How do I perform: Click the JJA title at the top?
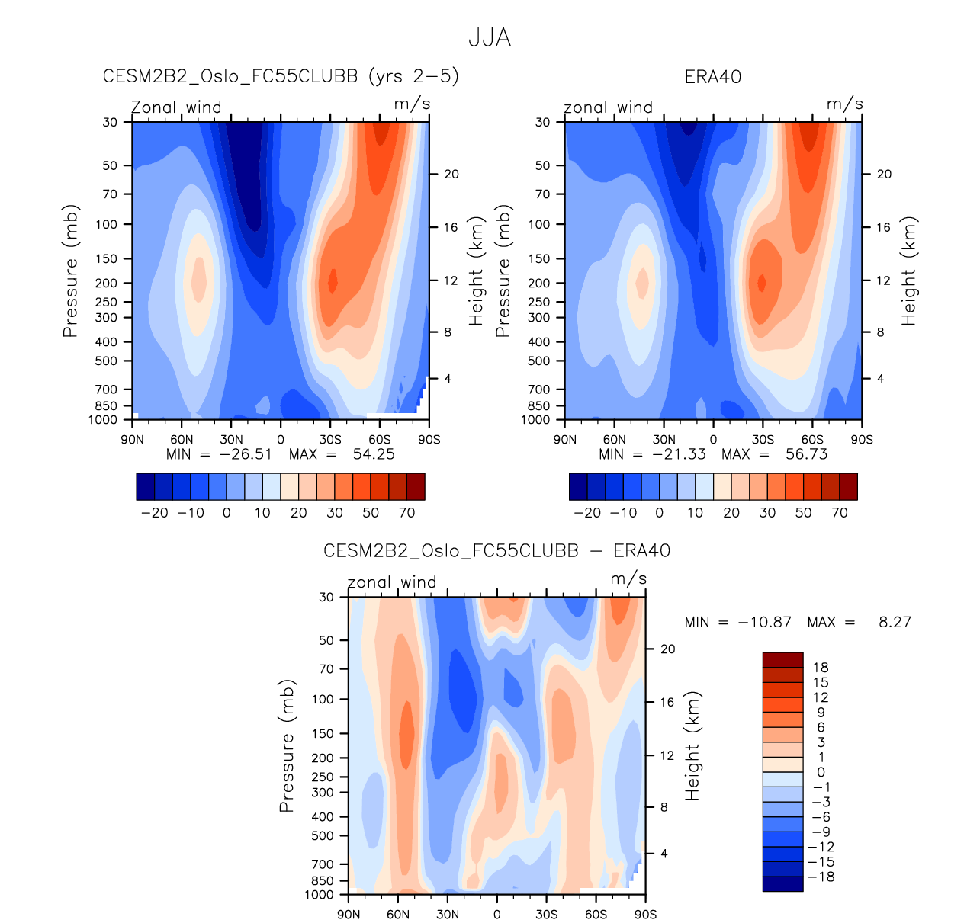490,38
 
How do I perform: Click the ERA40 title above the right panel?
713,77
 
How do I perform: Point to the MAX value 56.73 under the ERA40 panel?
806,454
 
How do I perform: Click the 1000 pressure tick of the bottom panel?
320,895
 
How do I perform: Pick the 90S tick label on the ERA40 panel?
862,440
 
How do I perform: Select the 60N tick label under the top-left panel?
182,440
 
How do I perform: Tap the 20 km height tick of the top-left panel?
451,175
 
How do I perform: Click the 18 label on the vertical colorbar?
821,668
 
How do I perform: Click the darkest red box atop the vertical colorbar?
782,660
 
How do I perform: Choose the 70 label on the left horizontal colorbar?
406,513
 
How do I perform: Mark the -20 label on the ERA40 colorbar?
587,513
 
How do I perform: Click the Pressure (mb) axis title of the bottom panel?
287,745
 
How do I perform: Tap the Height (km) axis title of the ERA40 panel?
909,271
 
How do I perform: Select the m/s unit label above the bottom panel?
628,579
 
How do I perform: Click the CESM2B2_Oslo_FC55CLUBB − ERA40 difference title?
496,551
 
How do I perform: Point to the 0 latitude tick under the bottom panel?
497,915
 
